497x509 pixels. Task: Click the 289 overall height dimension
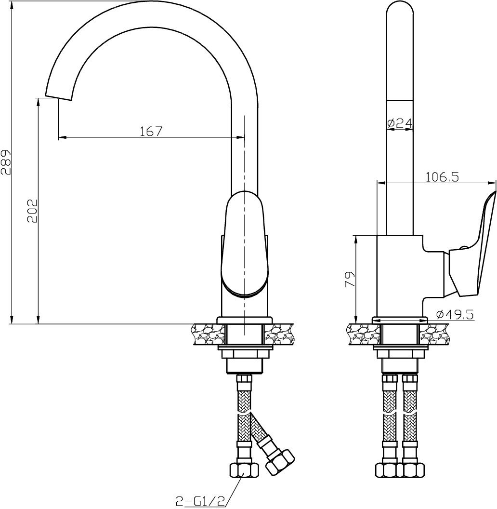click(6, 162)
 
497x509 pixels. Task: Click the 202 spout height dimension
click(32, 211)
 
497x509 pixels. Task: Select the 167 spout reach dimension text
click(151, 132)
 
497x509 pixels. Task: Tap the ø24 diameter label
click(400, 123)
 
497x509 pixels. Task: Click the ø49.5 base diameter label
click(455, 314)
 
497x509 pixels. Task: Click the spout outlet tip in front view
click(58, 97)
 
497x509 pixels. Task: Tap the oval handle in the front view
click(245, 243)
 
